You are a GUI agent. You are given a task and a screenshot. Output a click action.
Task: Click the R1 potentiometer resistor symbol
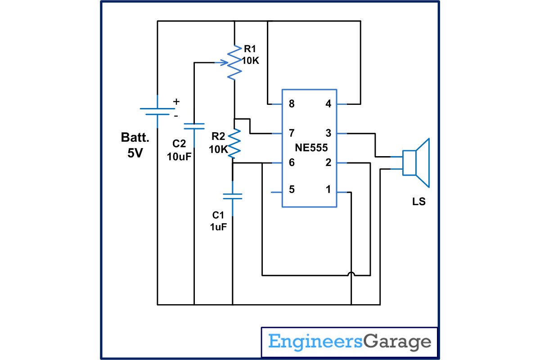[x=234, y=62]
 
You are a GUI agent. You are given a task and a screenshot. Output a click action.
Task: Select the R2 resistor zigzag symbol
[x=234, y=143]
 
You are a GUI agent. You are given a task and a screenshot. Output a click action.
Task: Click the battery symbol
[x=157, y=111]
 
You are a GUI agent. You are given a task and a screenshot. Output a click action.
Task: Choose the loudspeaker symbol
[x=416, y=162]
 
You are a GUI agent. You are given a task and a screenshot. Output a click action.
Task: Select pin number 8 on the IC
[x=292, y=104]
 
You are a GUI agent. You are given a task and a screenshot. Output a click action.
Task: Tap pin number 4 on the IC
[x=328, y=104]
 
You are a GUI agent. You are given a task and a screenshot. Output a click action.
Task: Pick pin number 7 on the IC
[x=292, y=133]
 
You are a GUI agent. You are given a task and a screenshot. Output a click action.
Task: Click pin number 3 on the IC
[x=328, y=133]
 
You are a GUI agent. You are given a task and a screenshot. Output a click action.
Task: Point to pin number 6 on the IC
[x=292, y=162]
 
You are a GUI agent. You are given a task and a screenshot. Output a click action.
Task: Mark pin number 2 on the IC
[x=328, y=162]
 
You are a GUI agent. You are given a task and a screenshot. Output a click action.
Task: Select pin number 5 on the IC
[x=292, y=189]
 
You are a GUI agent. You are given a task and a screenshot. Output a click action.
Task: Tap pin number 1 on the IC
[x=328, y=189]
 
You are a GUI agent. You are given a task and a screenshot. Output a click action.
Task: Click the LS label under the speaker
[x=418, y=202]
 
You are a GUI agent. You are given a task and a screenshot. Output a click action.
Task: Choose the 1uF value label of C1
[x=218, y=227]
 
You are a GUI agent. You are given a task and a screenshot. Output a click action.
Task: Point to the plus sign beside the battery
[x=176, y=102]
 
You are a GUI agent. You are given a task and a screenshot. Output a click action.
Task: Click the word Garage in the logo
[x=396, y=342]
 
